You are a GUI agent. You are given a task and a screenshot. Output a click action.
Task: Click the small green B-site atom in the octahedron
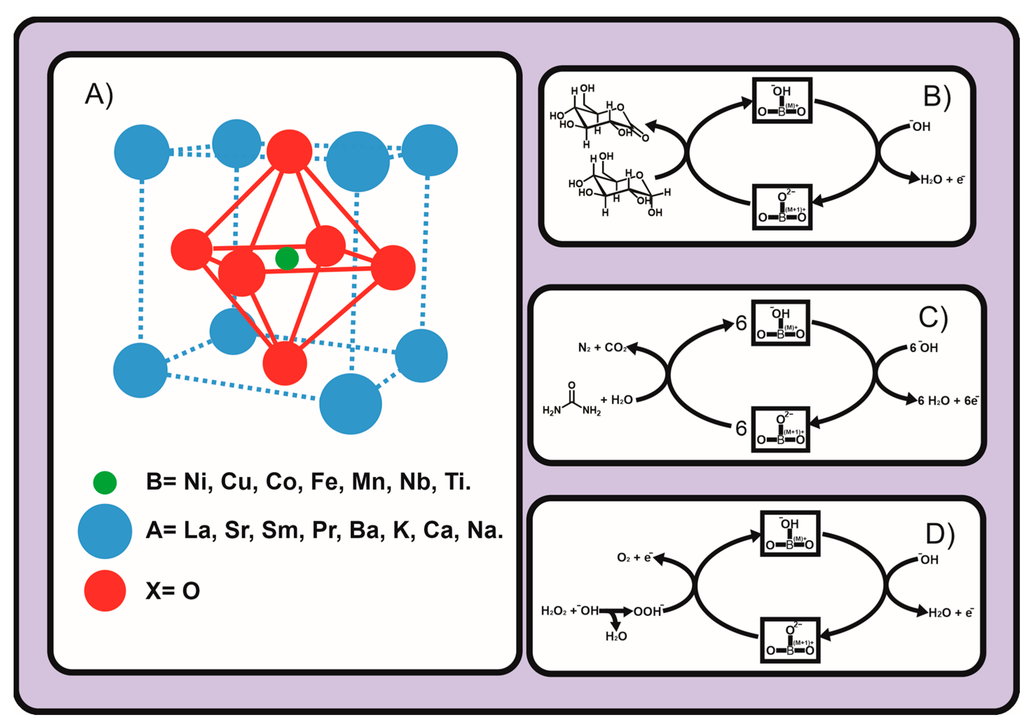287,259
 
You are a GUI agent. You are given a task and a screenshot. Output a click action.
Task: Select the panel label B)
937,96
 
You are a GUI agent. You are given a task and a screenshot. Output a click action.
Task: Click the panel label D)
940,535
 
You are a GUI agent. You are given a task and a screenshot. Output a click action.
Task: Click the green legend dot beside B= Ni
105,483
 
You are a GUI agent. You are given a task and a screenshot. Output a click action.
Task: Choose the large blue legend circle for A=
105,531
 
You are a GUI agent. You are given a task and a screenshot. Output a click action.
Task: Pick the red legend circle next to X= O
105,590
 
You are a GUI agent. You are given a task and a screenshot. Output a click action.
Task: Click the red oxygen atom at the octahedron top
289,151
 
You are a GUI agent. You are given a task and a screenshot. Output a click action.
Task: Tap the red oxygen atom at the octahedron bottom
285,363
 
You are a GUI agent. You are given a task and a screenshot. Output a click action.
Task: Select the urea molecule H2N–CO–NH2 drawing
571,401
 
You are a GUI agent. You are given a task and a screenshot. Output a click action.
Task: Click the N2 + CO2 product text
602,348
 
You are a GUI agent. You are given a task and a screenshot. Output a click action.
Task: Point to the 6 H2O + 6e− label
948,401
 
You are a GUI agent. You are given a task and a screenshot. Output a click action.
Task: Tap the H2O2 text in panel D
554,611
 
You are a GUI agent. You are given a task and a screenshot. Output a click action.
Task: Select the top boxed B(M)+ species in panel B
782,101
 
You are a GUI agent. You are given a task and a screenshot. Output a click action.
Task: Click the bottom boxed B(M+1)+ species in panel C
781,429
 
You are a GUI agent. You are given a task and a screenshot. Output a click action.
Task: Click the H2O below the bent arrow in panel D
616,636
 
